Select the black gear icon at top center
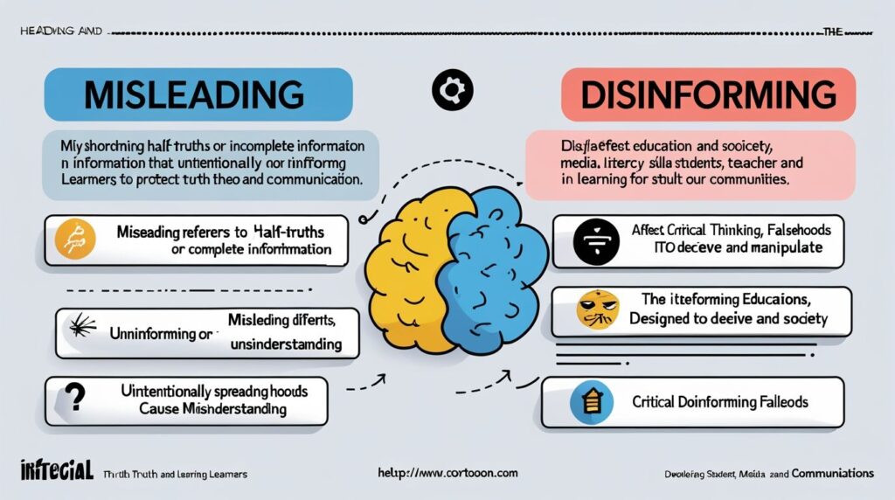click(x=453, y=89)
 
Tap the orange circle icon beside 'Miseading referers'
click(x=74, y=240)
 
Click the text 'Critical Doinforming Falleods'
click(x=719, y=402)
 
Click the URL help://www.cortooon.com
click(x=447, y=473)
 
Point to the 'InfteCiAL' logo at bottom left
click(x=54, y=472)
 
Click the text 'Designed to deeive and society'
click(x=728, y=319)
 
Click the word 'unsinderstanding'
click(x=285, y=344)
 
